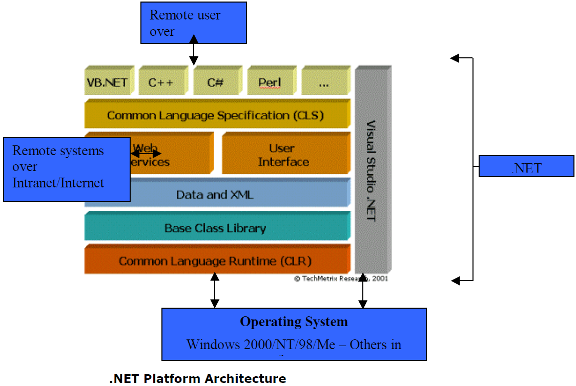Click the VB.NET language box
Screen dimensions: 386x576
(x=107, y=82)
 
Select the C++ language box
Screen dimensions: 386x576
(x=161, y=82)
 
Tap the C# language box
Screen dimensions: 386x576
(x=215, y=82)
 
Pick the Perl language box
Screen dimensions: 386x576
(x=270, y=82)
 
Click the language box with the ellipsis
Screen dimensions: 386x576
(x=323, y=82)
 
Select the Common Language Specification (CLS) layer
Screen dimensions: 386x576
(x=215, y=115)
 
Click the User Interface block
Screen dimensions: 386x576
(x=283, y=155)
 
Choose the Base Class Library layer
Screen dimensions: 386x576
(x=215, y=228)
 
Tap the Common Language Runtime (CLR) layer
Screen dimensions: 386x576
(x=215, y=261)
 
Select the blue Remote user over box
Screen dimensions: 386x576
(x=193, y=23)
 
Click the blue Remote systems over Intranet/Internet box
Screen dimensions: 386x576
(x=67, y=169)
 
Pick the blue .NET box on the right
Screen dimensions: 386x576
(x=526, y=166)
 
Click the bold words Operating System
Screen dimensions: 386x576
(x=294, y=322)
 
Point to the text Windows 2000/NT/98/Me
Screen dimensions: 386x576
(x=261, y=345)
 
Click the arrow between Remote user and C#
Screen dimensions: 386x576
(x=193, y=50)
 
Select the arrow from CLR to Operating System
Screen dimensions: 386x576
(x=215, y=290)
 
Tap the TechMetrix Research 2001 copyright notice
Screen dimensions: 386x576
(x=341, y=279)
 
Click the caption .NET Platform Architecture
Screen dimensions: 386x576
(x=198, y=379)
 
